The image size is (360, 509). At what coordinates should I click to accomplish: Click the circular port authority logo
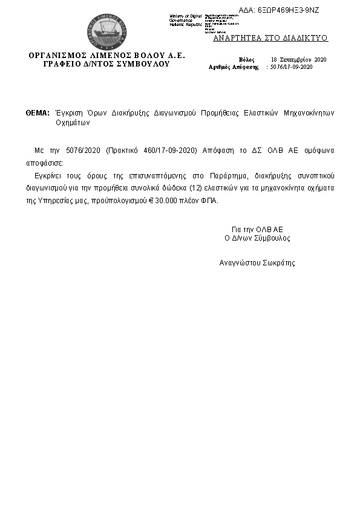pyautogui.click(x=106, y=31)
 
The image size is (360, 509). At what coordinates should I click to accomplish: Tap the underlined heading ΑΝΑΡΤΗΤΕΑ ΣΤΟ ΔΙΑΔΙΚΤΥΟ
pyautogui.click(x=270, y=37)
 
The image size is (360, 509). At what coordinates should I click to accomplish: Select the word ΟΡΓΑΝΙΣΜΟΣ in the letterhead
pyautogui.click(x=61, y=56)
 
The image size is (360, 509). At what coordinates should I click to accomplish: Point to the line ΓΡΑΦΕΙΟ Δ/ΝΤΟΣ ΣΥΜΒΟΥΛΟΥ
pyautogui.click(x=106, y=63)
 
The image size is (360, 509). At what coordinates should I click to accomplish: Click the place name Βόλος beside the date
pyautogui.click(x=247, y=59)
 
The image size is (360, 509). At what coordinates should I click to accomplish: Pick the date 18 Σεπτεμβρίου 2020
pyautogui.click(x=298, y=59)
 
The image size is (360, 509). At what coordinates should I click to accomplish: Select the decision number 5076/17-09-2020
pyautogui.click(x=292, y=67)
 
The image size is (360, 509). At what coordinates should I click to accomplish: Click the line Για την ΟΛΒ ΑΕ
pyautogui.click(x=257, y=230)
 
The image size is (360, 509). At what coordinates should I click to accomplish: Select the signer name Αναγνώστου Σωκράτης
pyautogui.click(x=257, y=264)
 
